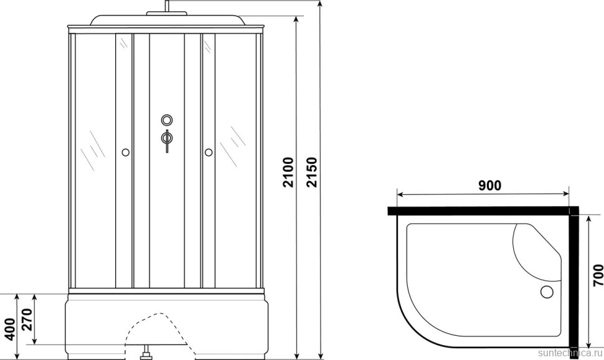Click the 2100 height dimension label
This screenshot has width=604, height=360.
288,173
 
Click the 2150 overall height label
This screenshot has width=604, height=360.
311,173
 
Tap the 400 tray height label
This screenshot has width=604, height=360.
10,329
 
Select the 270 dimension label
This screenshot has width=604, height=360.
27,320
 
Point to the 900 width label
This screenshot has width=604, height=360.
490,186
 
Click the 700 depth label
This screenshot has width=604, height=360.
597,275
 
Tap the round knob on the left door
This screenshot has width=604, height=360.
126,152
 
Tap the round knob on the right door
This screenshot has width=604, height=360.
209,152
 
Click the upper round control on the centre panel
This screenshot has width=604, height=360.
167,120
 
